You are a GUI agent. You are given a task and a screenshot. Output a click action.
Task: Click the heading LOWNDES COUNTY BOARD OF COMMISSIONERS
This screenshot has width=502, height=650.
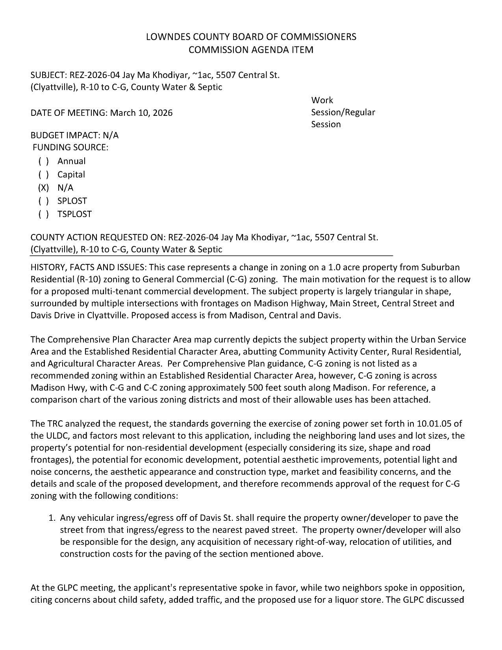pos(251,37)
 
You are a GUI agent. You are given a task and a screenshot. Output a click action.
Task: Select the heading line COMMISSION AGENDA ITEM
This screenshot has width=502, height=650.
pos(251,50)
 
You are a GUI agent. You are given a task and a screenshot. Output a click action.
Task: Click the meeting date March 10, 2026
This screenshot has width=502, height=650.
pos(141,113)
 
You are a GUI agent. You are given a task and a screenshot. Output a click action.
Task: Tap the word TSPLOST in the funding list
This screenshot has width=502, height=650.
pos(74,214)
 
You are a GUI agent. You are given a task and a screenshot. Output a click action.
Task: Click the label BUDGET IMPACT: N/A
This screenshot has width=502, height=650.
pos(74,135)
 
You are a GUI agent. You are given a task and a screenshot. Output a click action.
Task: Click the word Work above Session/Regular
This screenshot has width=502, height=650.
pos(322,100)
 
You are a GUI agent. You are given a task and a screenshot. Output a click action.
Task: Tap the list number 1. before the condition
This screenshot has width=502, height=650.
pos(52,518)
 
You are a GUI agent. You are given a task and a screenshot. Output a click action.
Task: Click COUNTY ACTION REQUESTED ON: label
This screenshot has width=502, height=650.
pos(98,237)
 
